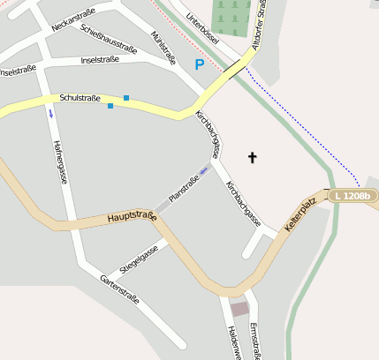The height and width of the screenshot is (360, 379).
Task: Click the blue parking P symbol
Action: (x=199, y=64)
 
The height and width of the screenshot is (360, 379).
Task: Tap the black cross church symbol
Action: (x=252, y=158)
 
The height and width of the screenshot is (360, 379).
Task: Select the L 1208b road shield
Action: (x=352, y=195)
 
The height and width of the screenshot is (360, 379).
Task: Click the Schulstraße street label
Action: (x=80, y=98)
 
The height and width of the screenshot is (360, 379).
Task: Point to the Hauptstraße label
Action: (x=132, y=216)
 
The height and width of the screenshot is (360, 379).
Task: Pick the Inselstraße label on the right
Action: (x=100, y=60)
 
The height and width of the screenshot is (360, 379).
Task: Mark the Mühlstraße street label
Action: (x=163, y=49)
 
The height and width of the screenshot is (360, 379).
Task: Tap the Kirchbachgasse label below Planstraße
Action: (x=243, y=204)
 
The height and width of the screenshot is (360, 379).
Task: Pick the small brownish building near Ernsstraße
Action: (x=239, y=309)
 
